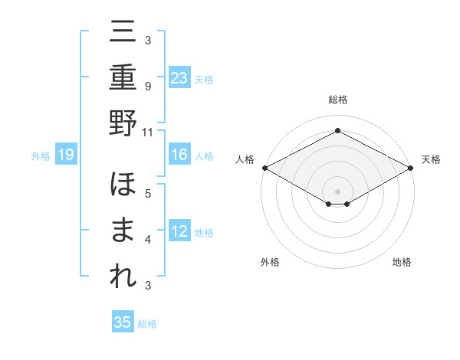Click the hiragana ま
(123, 231)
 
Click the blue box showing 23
(179, 77)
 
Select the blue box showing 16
(179, 155)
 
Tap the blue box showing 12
(179, 231)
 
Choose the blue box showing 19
(66, 155)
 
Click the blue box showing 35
(123, 322)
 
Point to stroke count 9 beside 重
(148, 86)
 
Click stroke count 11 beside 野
(148, 131)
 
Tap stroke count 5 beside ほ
(148, 194)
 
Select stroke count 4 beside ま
(148, 240)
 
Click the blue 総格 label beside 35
(147, 324)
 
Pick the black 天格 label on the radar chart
(431, 159)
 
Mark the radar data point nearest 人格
(264, 167)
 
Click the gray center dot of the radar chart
(337, 191)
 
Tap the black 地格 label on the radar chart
(402, 262)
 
